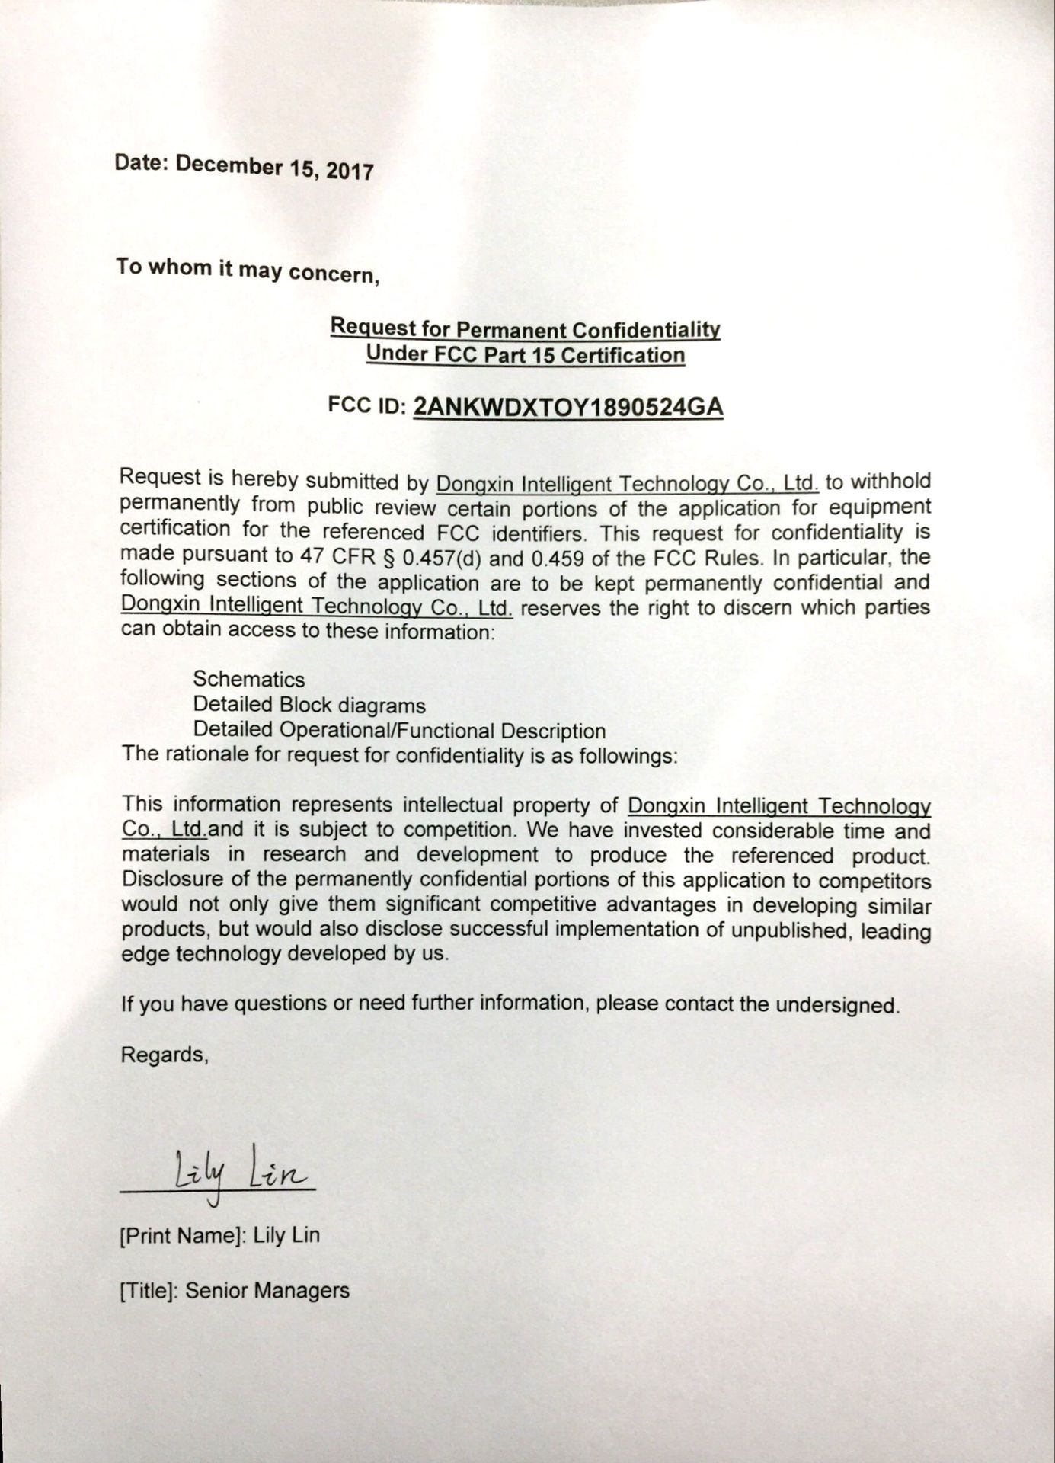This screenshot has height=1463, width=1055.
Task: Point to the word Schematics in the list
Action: (x=248, y=679)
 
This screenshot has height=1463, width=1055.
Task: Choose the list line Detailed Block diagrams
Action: (x=309, y=705)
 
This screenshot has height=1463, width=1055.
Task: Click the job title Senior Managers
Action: (x=267, y=1291)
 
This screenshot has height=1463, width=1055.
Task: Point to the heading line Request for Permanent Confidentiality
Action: (x=525, y=329)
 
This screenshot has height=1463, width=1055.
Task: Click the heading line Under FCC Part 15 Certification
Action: (x=525, y=355)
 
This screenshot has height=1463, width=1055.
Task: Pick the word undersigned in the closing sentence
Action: (x=836, y=1004)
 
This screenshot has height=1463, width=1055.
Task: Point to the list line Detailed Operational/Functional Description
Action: (x=399, y=731)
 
